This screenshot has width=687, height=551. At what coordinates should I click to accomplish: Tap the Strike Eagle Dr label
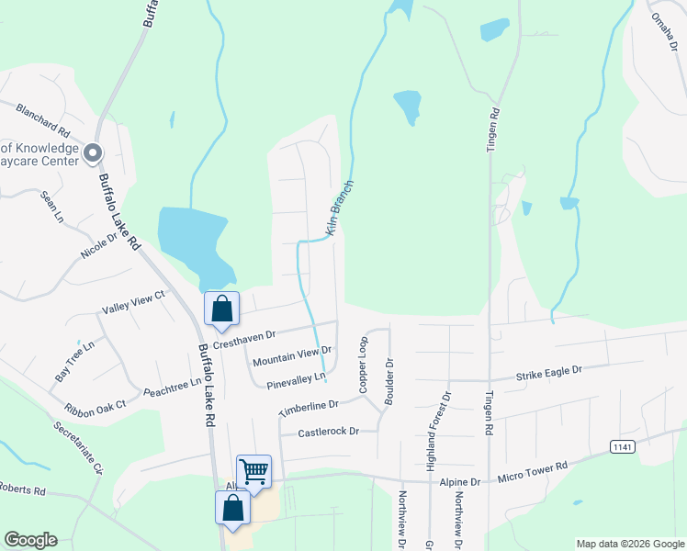549,371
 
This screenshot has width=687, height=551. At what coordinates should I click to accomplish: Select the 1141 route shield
623,446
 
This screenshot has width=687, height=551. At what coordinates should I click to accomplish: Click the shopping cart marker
254,471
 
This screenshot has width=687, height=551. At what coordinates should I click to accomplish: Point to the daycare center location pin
93,153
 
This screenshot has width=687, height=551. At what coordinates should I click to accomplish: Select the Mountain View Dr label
292,354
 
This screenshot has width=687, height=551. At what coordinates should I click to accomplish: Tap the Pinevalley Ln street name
296,377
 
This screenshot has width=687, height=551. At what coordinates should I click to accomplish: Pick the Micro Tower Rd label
533,473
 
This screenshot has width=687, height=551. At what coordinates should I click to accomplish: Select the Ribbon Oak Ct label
95,407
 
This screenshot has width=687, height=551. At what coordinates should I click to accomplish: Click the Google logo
30,540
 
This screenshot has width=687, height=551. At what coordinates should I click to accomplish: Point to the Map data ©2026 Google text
629,544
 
